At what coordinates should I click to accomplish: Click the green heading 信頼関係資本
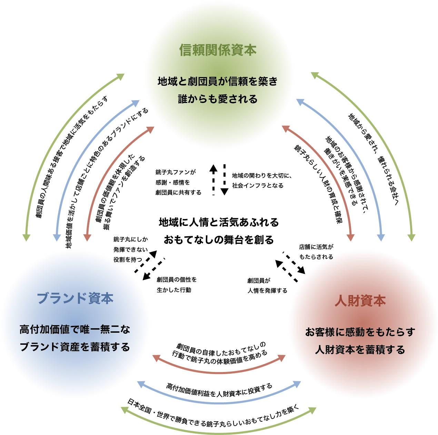click(x=218, y=50)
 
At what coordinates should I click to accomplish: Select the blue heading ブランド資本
click(x=75, y=298)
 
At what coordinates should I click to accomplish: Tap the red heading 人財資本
click(x=360, y=301)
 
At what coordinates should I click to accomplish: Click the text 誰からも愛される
click(x=218, y=99)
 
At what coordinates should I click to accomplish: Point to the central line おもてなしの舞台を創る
click(x=219, y=240)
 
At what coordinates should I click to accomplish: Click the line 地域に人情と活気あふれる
click(x=219, y=222)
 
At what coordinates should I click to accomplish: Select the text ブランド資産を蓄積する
click(x=75, y=347)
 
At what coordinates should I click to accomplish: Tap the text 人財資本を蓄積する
click(x=360, y=350)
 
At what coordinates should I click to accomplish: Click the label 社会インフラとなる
click(x=258, y=186)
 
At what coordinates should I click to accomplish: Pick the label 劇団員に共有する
click(x=178, y=193)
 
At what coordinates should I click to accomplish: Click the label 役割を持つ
click(x=128, y=260)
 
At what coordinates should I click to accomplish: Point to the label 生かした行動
click(x=174, y=290)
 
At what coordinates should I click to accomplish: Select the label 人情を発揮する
click(x=267, y=291)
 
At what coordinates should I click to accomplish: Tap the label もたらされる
click(x=316, y=257)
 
